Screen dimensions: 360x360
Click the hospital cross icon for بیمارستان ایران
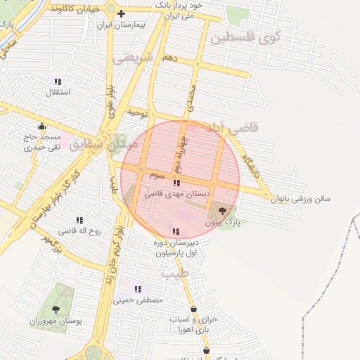(122, 13)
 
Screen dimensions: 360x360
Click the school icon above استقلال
(58, 82)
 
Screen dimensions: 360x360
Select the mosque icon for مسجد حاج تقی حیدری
(42, 127)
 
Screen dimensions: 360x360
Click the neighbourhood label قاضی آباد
(233, 127)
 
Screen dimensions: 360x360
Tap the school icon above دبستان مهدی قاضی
(175, 183)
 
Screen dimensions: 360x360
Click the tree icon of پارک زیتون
(223, 210)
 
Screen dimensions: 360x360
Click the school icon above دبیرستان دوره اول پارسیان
(175, 232)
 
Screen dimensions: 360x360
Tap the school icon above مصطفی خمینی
(138, 288)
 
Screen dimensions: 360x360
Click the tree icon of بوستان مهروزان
(56, 309)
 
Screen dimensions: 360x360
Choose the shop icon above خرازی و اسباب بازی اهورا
(193, 309)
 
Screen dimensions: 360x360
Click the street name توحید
(135, 112)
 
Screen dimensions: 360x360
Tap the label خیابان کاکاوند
(72, 8)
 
